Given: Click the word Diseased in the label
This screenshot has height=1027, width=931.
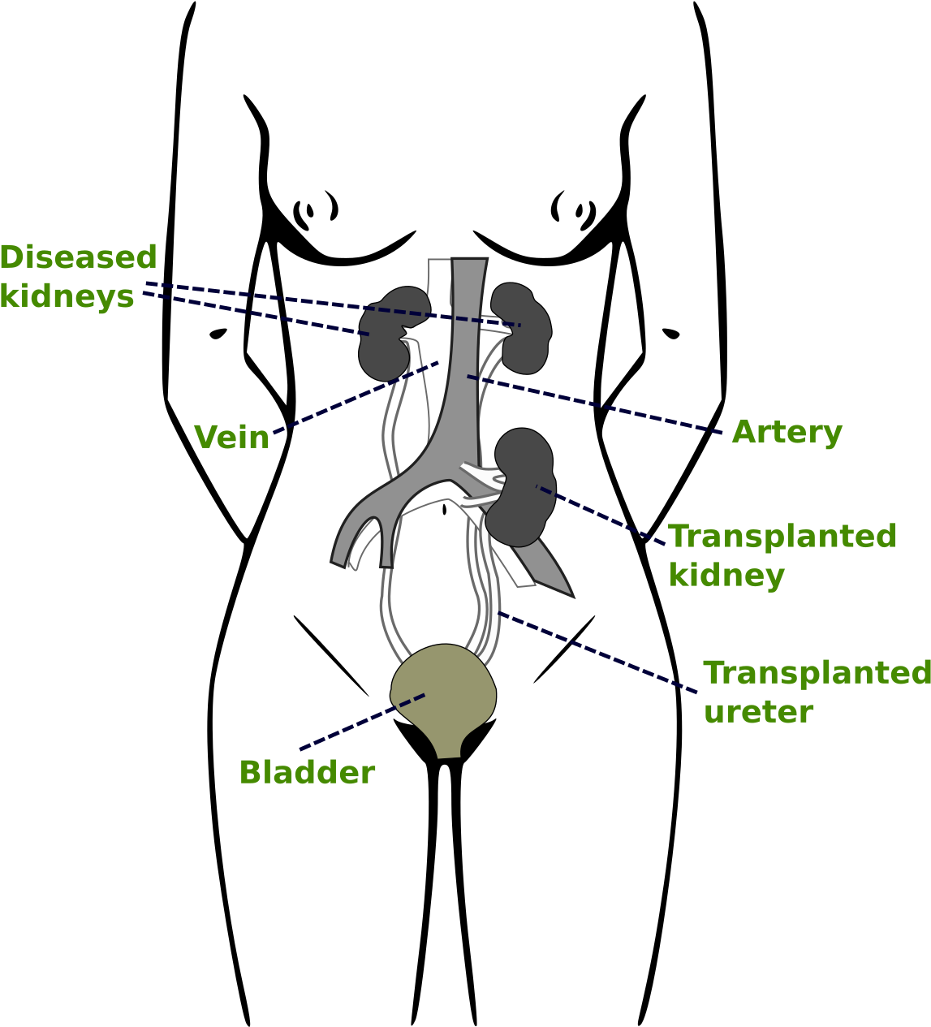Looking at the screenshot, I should point(78,257).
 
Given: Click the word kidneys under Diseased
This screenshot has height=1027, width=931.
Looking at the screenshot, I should point(67,296).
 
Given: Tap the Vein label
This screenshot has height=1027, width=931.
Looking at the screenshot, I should point(231,437).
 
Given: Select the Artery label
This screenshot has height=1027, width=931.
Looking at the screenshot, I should point(787,432).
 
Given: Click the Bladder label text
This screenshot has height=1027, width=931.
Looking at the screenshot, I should point(307,772).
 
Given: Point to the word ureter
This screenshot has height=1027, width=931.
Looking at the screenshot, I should point(757,712).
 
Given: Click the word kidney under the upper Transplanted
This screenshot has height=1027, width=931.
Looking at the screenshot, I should point(726,576).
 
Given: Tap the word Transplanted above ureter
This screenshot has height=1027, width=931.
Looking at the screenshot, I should point(816,673).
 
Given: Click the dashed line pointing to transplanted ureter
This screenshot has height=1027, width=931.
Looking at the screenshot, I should point(597,652).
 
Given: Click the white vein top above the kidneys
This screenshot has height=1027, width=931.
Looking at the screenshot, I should point(439,272).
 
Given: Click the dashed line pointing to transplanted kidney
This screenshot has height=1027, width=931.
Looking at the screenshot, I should point(601,516).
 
